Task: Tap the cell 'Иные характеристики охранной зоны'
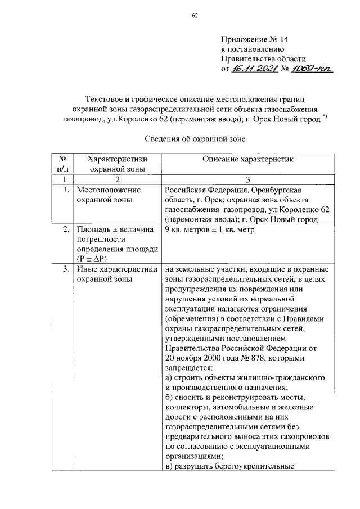coord(116,274)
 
